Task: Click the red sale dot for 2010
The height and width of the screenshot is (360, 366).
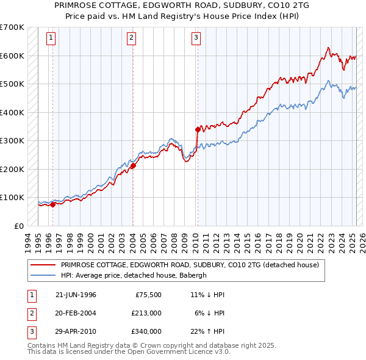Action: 198,129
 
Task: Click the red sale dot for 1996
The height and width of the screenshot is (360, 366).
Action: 53,204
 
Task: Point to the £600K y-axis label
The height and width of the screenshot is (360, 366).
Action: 12,56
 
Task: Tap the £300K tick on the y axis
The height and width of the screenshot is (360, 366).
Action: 12,140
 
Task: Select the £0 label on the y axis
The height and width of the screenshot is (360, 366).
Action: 20,226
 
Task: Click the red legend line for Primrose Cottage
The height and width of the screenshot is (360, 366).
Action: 43,265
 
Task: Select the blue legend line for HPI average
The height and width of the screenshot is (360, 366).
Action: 43,275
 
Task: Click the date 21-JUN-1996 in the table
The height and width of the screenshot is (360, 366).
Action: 76,295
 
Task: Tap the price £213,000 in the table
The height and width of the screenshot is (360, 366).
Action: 146,313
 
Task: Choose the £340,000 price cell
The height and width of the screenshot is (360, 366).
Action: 146,331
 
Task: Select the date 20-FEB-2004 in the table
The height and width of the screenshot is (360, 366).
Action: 76,313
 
